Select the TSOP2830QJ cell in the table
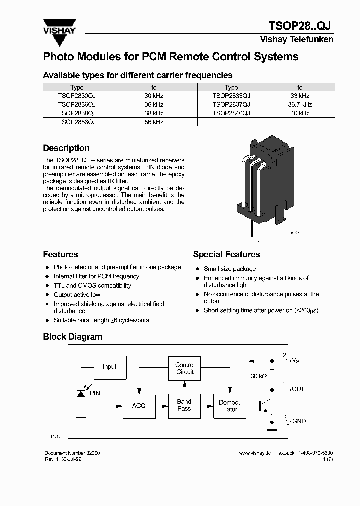pyautogui.click(x=77, y=96)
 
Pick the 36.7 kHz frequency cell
pyautogui.click(x=300, y=105)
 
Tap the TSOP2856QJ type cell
pyautogui.click(x=77, y=122)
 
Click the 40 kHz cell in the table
pyautogui.click(x=300, y=113)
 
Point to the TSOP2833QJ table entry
pyautogui.click(x=231, y=96)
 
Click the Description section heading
pyautogui.click(x=66, y=148)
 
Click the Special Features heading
pyautogui.click(x=226, y=255)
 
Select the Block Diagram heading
pyautogui.click(x=72, y=337)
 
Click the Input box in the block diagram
pyautogui.click(x=109, y=367)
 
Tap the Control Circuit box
pyautogui.click(x=185, y=368)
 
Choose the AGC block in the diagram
pyautogui.click(x=139, y=405)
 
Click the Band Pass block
pyautogui.click(x=184, y=405)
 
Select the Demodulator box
pyautogui.click(x=231, y=406)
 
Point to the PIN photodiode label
pyautogui.click(x=95, y=393)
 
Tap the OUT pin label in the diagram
pyautogui.click(x=298, y=389)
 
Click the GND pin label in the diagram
pyautogui.click(x=299, y=421)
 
